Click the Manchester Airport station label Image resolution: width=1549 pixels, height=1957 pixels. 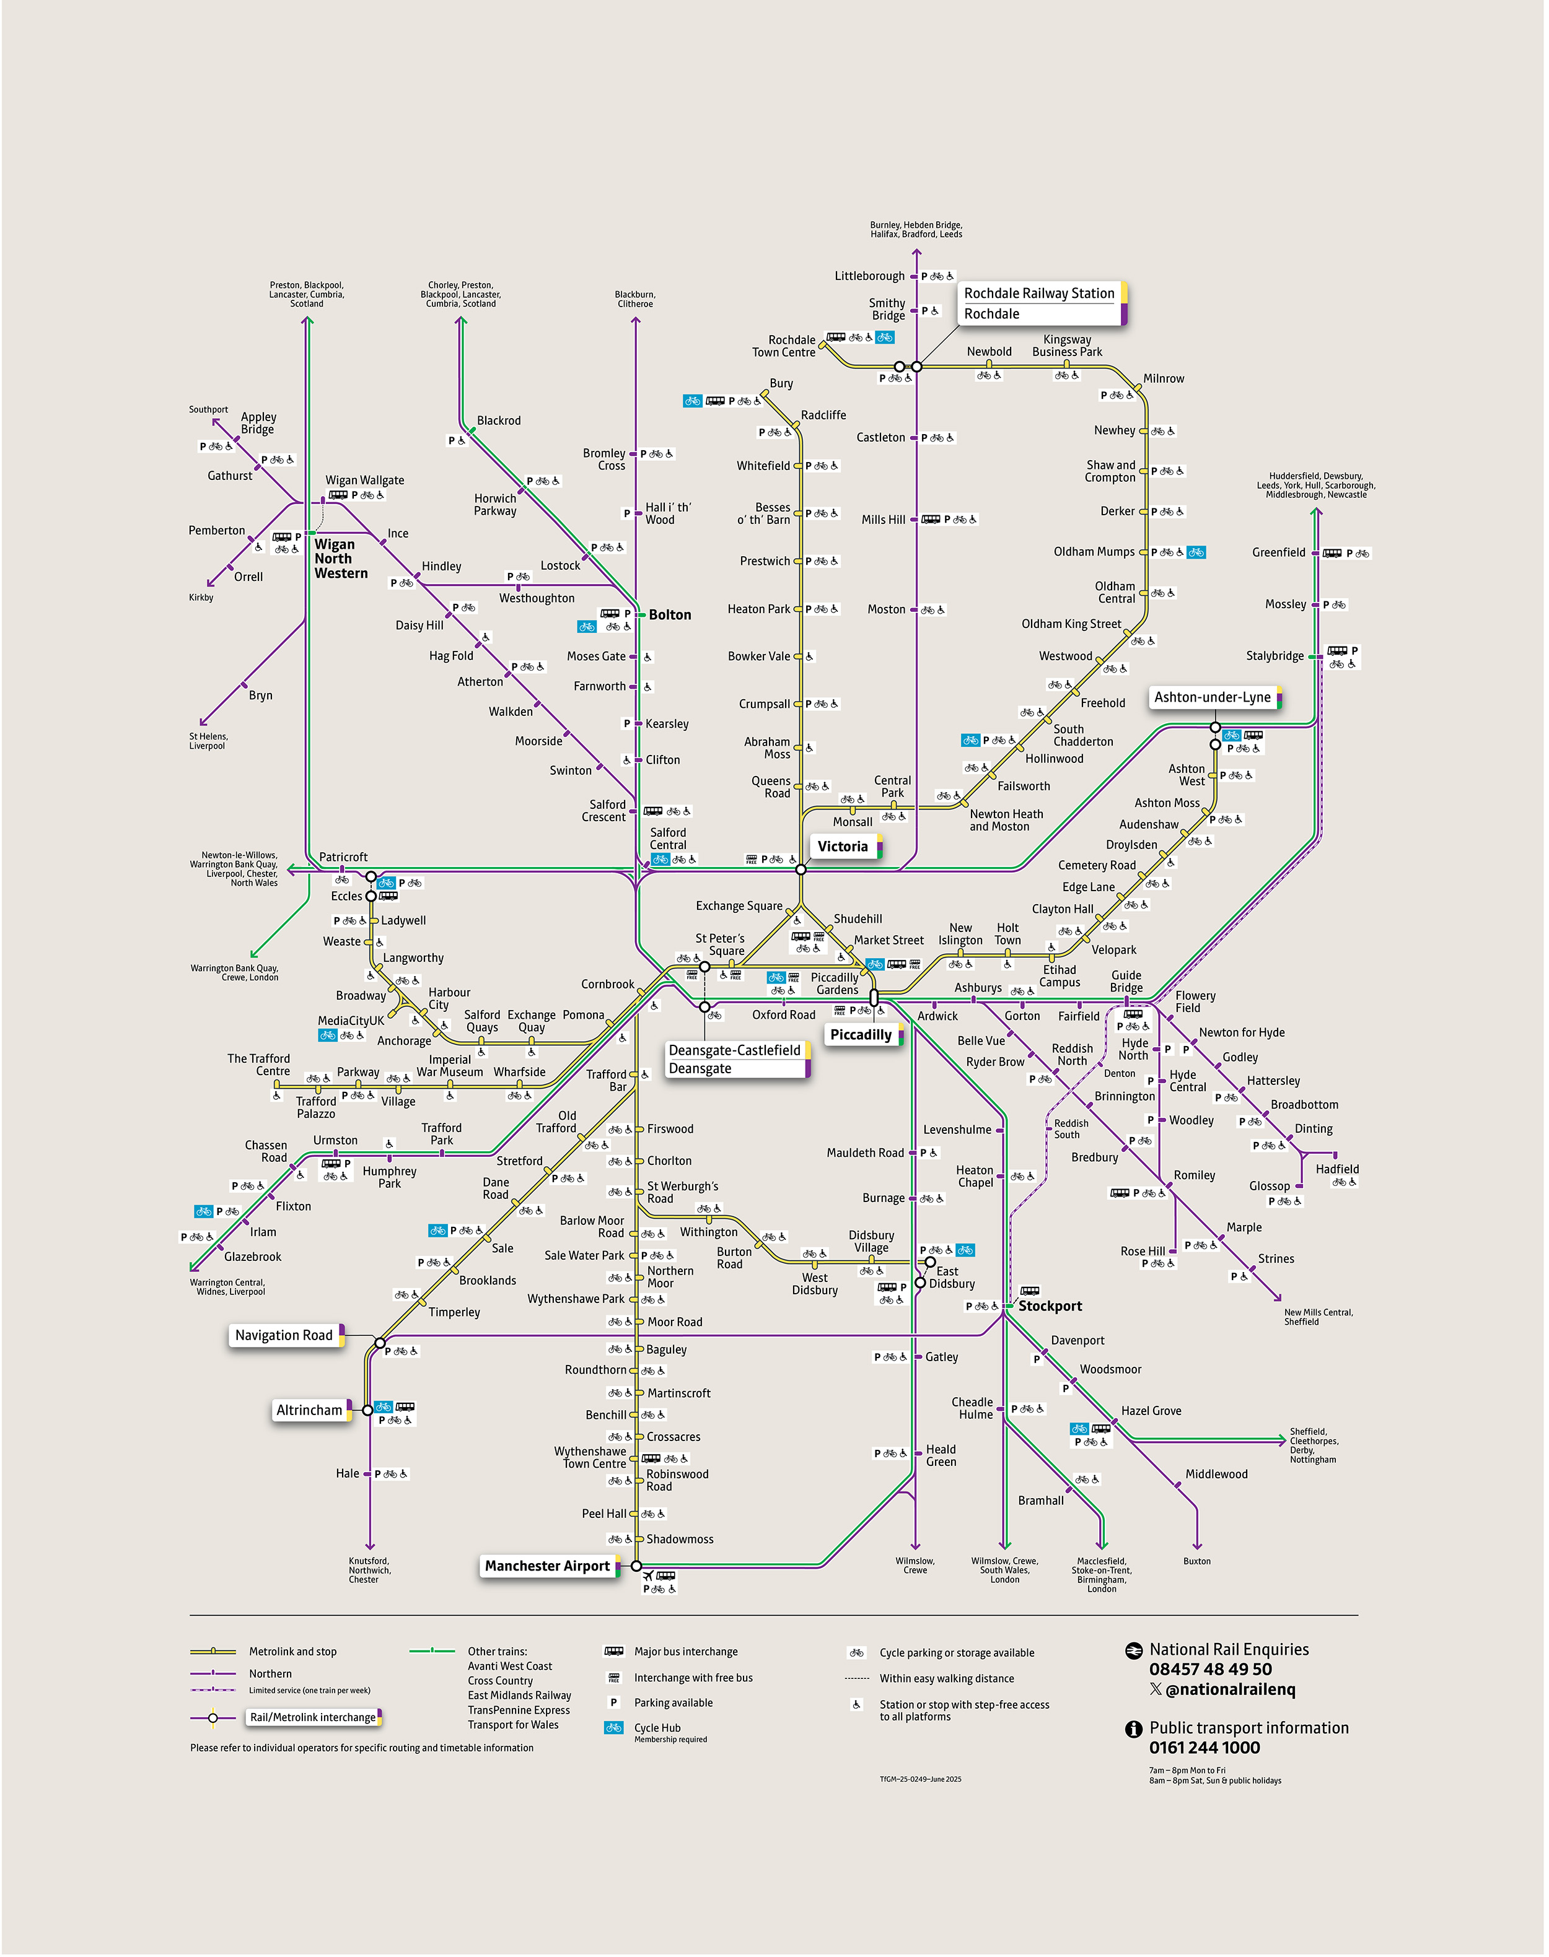(x=547, y=1566)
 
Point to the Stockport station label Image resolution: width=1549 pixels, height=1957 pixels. (x=1050, y=1306)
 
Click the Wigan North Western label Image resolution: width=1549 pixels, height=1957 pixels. (x=340, y=559)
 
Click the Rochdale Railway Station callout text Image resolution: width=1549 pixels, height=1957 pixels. (x=1038, y=294)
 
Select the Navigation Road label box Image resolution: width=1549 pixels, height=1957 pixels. (x=284, y=1335)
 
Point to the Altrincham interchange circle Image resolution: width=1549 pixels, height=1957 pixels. (x=367, y=1410)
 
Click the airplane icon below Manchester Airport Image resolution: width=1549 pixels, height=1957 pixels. (x=647, y=1576)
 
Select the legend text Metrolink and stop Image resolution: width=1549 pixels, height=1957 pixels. (x=292, y=1652)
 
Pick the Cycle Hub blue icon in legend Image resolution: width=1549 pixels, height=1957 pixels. (x=614, y=1728)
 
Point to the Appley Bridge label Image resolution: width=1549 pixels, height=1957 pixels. (x=258, y=424)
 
